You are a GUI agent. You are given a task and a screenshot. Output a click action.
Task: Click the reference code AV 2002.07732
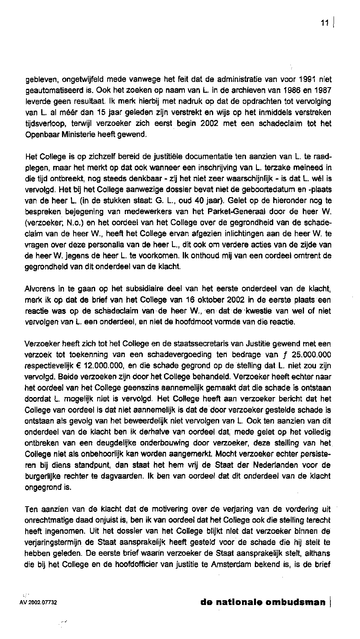[38, 603]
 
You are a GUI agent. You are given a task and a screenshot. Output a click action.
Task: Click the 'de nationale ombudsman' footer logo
[263, 602]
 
